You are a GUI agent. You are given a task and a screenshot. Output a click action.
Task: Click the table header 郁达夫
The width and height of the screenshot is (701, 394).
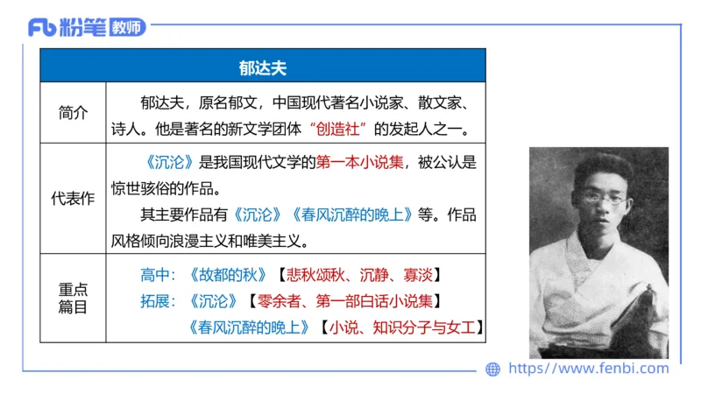point(263,67)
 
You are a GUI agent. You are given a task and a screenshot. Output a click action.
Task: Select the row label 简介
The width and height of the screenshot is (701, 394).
point(73,113)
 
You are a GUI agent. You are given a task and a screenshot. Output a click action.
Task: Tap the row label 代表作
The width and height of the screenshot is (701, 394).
point(73,199)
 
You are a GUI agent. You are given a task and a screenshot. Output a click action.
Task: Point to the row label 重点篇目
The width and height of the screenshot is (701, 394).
point(73,299)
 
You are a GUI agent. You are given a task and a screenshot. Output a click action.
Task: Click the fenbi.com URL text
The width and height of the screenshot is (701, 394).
point(588,369)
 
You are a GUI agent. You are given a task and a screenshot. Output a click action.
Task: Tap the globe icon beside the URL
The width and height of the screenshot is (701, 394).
point(493,369)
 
